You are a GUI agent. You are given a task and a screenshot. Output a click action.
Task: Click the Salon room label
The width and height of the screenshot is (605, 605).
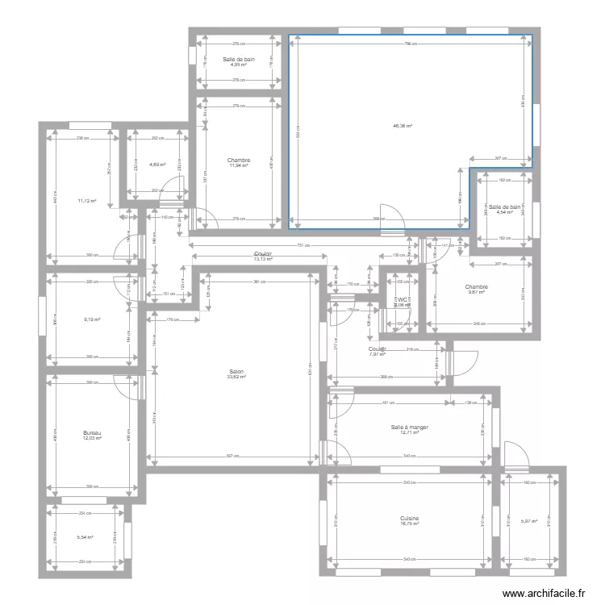coord(236,371)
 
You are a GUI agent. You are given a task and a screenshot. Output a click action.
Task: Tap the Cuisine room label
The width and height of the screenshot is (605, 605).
coord(409,519)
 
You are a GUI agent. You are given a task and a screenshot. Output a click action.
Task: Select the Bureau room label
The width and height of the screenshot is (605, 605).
coord(91,433)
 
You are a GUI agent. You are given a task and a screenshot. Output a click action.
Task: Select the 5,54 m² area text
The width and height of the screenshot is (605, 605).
coord(85,537)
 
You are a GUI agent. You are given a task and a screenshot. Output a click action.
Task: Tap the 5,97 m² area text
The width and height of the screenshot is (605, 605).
coord(529,521)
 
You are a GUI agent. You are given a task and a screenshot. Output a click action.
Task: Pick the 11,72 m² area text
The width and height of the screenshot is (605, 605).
coord(87,201)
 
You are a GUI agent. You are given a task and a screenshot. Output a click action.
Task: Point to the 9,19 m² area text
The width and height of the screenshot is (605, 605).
coord(91,319)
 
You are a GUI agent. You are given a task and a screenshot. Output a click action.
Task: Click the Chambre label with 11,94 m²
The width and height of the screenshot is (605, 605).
coord(239,160)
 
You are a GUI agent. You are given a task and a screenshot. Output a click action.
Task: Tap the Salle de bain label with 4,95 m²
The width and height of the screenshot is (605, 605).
coord(239,59)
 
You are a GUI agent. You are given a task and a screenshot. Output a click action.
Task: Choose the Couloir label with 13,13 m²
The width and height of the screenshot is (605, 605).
coord(263,254)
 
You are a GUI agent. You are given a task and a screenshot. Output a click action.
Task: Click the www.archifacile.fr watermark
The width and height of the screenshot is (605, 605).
coord(544,593)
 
